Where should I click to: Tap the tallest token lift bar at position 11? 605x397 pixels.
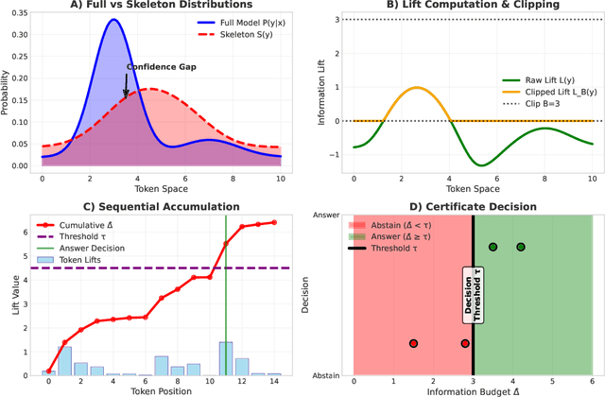click(x=226, y=358)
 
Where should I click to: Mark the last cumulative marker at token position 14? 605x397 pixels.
click(x=274, y=222)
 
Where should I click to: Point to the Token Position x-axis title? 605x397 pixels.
click(x=162, y=390)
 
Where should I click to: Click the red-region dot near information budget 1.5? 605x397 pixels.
click(x=413, y=344)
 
